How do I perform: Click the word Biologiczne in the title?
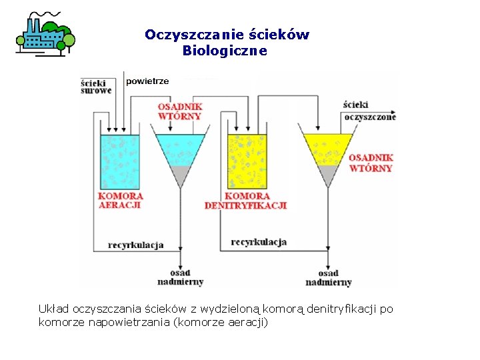(225, 51)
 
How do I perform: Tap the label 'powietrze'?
(147, 81)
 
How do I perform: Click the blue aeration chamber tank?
(120, 162)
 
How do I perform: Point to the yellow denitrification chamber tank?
(247, 162)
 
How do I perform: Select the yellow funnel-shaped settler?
(327, 149)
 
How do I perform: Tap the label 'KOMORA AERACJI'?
(121, 201)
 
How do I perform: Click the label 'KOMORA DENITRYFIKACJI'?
(246, 201)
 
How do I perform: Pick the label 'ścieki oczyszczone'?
(369, 111)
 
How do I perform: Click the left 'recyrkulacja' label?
(136, 245)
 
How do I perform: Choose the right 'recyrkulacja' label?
(258, 241)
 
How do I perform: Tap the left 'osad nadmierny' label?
(179, 277)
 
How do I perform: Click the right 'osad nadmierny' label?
(328, 278)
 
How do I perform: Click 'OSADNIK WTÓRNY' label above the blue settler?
(180, 111)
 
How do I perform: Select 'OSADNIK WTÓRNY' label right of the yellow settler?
(371, 163)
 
